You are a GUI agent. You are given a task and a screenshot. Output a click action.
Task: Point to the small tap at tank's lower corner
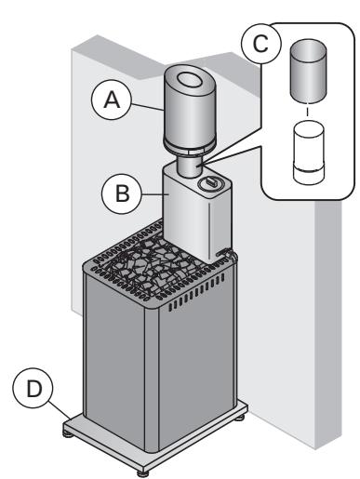tap(226, 252)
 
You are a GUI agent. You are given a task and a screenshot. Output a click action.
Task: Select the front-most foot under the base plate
tap(142, 471)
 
